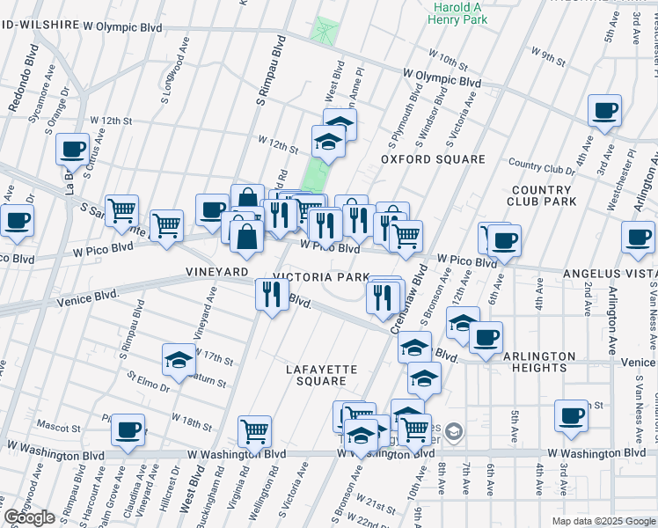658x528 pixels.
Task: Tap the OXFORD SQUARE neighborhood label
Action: pyautogui.click(x=433, y=159)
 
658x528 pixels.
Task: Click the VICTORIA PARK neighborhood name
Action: pyautogui.click(x=321, y=276)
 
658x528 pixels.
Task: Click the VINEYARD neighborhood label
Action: pyautogui.click(x=217, y=273)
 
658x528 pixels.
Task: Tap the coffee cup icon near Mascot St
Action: pyautogui.click(x=128, y=430)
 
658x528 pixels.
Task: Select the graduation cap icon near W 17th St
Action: pyautogui.click(x=179, y=359)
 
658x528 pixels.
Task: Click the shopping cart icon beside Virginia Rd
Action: pyautogui.click(x=254, y=431)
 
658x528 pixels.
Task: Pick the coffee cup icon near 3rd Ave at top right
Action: pyautogui.click(x=604, y=111)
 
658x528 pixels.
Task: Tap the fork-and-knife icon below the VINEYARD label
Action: pyautogui.click(x=271, y=294)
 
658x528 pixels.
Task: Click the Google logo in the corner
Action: pyautogui.click(x=29, y=517)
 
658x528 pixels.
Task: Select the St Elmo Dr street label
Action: pyautogui.click(x=147, y=384)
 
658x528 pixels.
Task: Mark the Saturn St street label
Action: pyautogui.click(x=210, y=383)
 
